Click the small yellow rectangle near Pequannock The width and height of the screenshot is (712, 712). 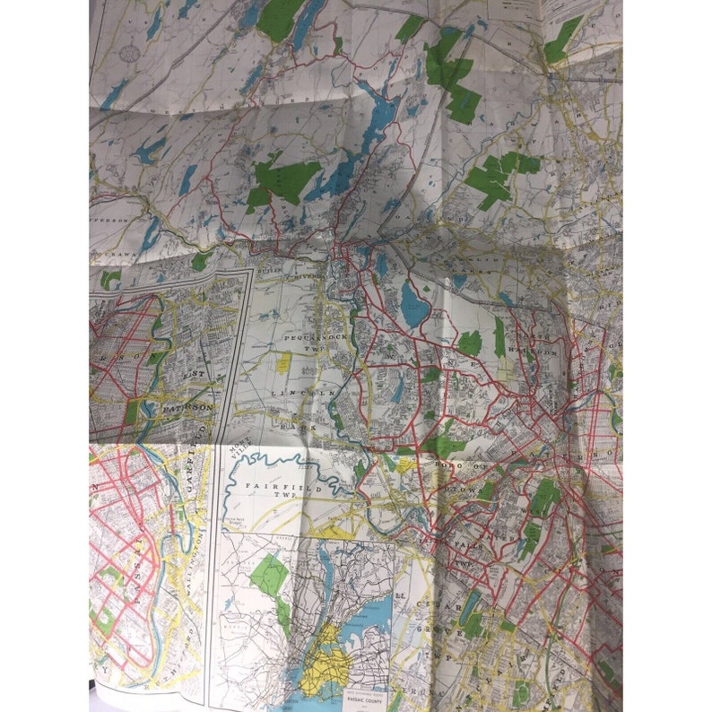coord(283,362)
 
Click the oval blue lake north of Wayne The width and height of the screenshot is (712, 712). coord(412,303)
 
